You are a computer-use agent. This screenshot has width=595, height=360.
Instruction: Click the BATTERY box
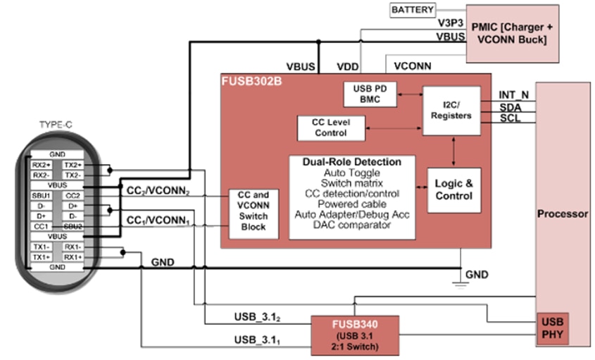tap(413, 10)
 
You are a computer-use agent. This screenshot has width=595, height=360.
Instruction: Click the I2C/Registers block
tap(451, 111)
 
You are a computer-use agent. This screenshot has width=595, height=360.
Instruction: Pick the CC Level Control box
tap(332, 127)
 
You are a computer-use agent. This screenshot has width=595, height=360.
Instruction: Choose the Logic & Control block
tap(453, 188)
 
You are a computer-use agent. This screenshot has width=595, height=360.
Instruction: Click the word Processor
tap(563, 213)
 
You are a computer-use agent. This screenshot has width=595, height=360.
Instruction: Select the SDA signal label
tap(511, 106)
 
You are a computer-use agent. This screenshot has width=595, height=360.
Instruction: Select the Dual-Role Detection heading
tap(351, 161)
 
